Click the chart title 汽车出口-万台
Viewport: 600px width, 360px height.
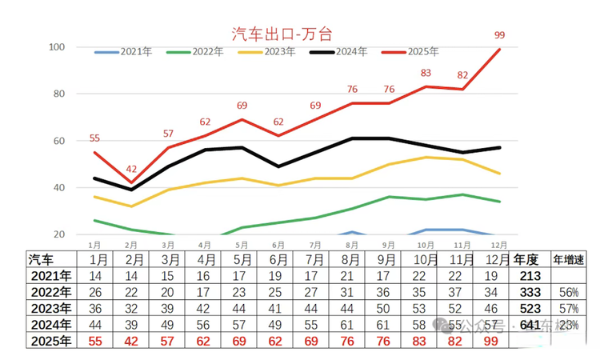pos(282,34)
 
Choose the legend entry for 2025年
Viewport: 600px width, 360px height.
pos(422,52)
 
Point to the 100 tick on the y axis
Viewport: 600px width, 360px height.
pos(56,47)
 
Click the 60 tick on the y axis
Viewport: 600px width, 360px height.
pos(58,141)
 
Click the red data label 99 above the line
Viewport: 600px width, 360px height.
pos(500,35)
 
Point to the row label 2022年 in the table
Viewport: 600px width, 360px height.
pos(50,292)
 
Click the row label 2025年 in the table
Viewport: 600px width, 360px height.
pos(50,342)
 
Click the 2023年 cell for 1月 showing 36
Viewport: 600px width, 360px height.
pos(95,309)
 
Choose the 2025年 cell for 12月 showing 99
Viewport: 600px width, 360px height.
pos(492,342)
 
